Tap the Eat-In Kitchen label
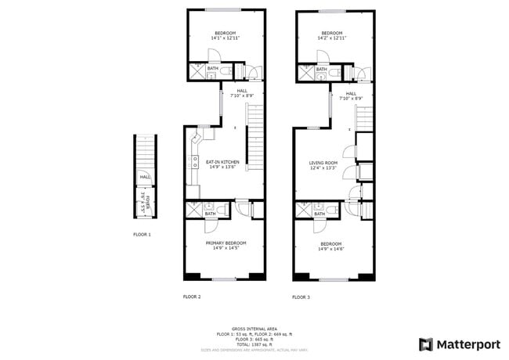coord(222,162)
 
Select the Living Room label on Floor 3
coord(322,162)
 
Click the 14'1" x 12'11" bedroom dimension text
coord(225,38)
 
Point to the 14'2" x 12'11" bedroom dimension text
coord(334,38)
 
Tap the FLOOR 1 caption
coord(142,234)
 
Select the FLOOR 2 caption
coord(192,297)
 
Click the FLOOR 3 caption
coord(301,297)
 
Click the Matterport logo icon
coord(426,344)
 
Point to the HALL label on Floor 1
coord(145,177)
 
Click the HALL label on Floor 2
coord(243,90)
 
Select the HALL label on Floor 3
coord(351,93)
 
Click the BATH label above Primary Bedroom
coord(210,214)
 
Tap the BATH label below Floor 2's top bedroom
coord(212,69)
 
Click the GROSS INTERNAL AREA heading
coord(254,329)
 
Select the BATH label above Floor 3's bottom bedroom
coord(320,214)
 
